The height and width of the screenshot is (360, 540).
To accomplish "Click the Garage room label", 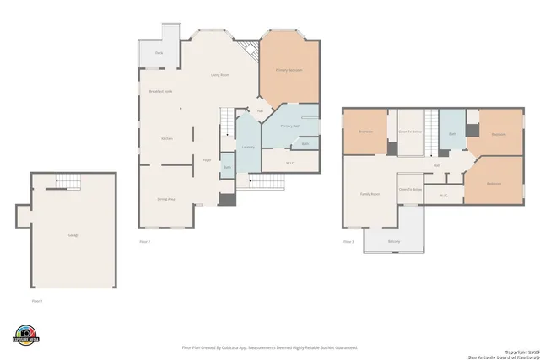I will (x=73, y=235).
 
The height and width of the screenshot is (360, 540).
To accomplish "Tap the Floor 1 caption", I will (x=37, y=300).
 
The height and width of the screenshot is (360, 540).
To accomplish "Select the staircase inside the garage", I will (x=68, y=181).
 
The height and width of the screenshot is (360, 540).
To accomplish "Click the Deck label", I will (x=159, y=54).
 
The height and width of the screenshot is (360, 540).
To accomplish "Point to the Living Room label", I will (x=220, y=76).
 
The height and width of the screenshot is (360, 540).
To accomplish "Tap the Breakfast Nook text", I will (x=160, y=91).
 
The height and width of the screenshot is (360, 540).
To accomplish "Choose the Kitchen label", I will (x=167, y=138).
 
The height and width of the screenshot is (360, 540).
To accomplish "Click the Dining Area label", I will (x=166, y=199).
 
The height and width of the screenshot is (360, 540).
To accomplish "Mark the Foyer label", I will (x=206, y=159).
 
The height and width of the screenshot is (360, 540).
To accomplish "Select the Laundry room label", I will (x=248, y=148).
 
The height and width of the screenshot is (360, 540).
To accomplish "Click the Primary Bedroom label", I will (x=289, y=70).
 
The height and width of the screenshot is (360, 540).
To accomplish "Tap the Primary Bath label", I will (x=290, y=126).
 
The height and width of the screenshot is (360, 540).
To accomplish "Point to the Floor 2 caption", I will (x=145, y=242).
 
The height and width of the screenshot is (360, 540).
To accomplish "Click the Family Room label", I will (x=370, y=194).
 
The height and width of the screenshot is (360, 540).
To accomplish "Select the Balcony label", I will (x=394, y=242).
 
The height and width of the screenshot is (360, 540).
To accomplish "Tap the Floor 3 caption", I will (x=348, y=242).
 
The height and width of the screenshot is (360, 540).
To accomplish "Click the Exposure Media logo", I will (x=26, y=335).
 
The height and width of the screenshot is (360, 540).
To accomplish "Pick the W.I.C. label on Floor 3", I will (x=443, y=196).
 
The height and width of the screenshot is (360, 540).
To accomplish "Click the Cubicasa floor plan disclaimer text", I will (x=269, y=347).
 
